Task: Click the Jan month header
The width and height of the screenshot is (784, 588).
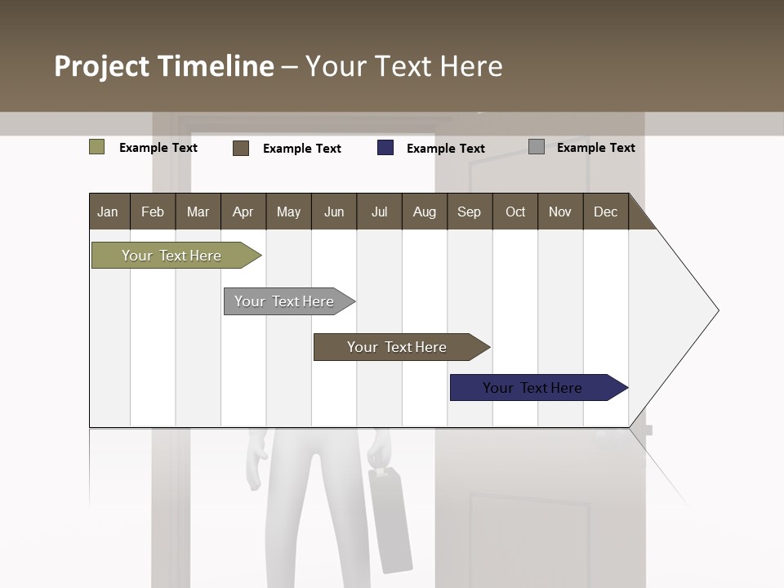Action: [x=108, y=212]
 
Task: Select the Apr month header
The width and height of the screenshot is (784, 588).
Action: [x=243, y=212]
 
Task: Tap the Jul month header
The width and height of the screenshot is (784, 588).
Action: [x=379, y=212]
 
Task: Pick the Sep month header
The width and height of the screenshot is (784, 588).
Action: [x=469, y=212]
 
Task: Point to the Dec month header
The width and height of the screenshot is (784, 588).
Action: [x=605, y=212]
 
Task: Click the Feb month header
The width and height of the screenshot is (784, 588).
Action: [x=153, y=212]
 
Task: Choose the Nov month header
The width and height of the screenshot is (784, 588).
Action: [x=559, y=212]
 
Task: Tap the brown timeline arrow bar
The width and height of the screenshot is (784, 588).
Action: [x=398, y=347]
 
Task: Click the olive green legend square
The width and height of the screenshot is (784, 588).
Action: [x=96, y=147]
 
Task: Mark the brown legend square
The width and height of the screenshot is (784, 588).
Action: [x=241, y=148]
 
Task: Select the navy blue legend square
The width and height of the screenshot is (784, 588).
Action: [x=385, y=148]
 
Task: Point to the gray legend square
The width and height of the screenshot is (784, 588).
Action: [x=537, y=147]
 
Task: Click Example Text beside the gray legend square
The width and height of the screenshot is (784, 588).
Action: [x=595, y=148]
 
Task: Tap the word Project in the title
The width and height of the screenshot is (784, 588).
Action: [x=101, y=66]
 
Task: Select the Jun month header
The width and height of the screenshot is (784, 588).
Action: [x=333, y=212]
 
